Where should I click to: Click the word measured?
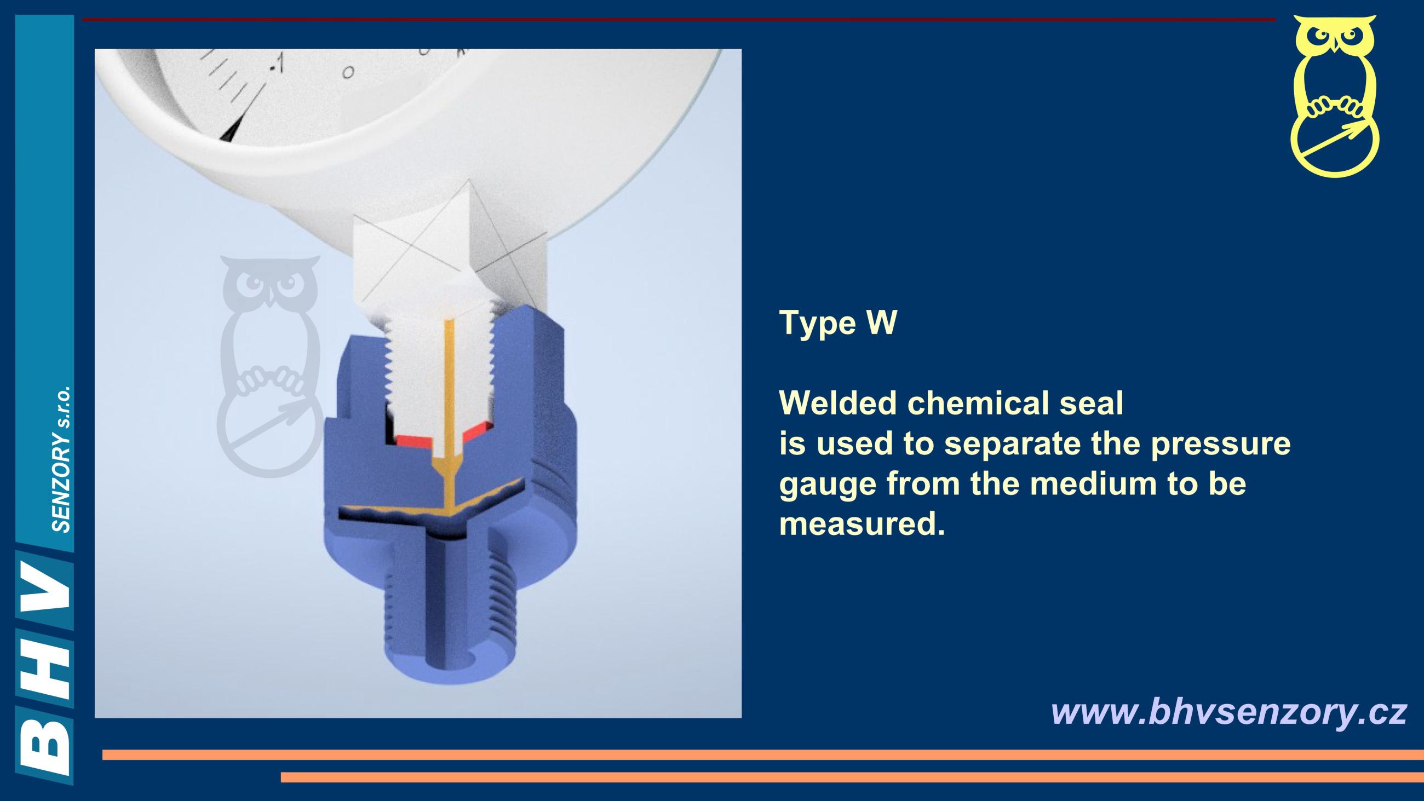click(862, 524)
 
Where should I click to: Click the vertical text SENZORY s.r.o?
click(61, 459)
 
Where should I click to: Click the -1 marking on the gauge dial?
click(276, 62)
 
